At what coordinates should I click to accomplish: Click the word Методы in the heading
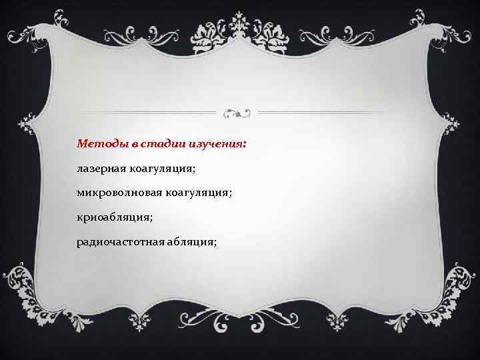(x=98, y=144)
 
